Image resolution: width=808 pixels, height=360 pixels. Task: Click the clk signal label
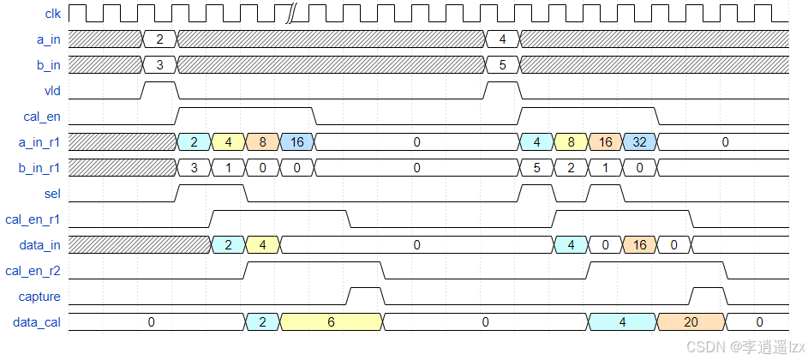[x=52, y=13]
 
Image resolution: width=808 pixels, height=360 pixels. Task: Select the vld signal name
[x=52, y=90]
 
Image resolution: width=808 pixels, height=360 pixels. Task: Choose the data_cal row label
[x=37, y=322]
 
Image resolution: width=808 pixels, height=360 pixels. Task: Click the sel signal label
[x=52, y=194]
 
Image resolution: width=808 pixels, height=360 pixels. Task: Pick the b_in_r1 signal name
[x=39, y=168]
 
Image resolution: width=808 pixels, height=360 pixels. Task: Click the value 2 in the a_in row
[x=159, y=39]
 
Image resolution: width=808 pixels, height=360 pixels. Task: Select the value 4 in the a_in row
[x=502, y=39]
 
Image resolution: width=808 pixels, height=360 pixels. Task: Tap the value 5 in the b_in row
[x=502, y=64]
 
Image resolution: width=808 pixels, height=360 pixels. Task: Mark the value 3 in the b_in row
[x=159, y=64]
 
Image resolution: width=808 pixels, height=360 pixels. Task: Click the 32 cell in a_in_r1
[x=639, y=142]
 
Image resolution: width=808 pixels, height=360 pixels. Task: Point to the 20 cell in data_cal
[x=691, y=322]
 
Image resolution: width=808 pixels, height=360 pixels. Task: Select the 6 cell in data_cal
[x=331, y=322]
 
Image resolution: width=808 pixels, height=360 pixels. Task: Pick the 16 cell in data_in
[x=639, y=245]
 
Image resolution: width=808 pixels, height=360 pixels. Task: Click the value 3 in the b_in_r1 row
[x=194, y=168]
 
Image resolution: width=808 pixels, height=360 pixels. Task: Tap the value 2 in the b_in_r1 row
[x=571, y=168]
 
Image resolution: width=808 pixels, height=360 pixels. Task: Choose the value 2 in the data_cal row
[x=262, y=322]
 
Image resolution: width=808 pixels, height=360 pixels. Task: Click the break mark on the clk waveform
[x=291, y=13]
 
